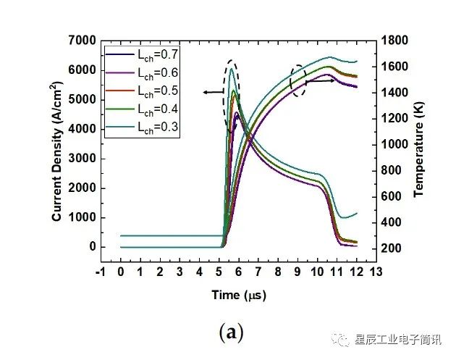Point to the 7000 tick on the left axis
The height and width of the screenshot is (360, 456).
pyautogui.click(x=82, y=40)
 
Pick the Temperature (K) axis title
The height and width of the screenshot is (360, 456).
pyautogui.click(x=418, y=145)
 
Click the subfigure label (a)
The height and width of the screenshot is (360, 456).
pyautogui.click(x=230, y=332)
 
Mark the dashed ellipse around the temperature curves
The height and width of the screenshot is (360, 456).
pyautogui.click(x=297, y=81)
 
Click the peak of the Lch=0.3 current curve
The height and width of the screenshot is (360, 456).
pyautogui.click(x=232, y=69)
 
